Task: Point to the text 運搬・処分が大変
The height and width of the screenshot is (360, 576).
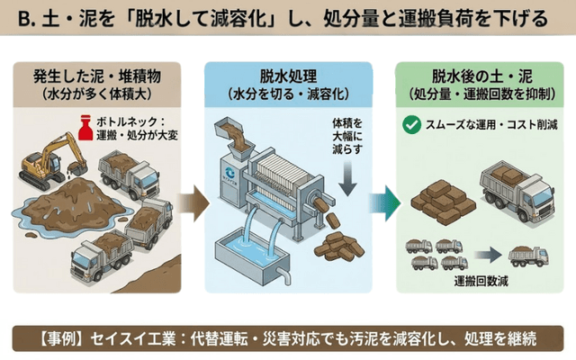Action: click(x=139, y=133)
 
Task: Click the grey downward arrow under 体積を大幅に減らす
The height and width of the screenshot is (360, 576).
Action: click(x=346, y=177)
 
